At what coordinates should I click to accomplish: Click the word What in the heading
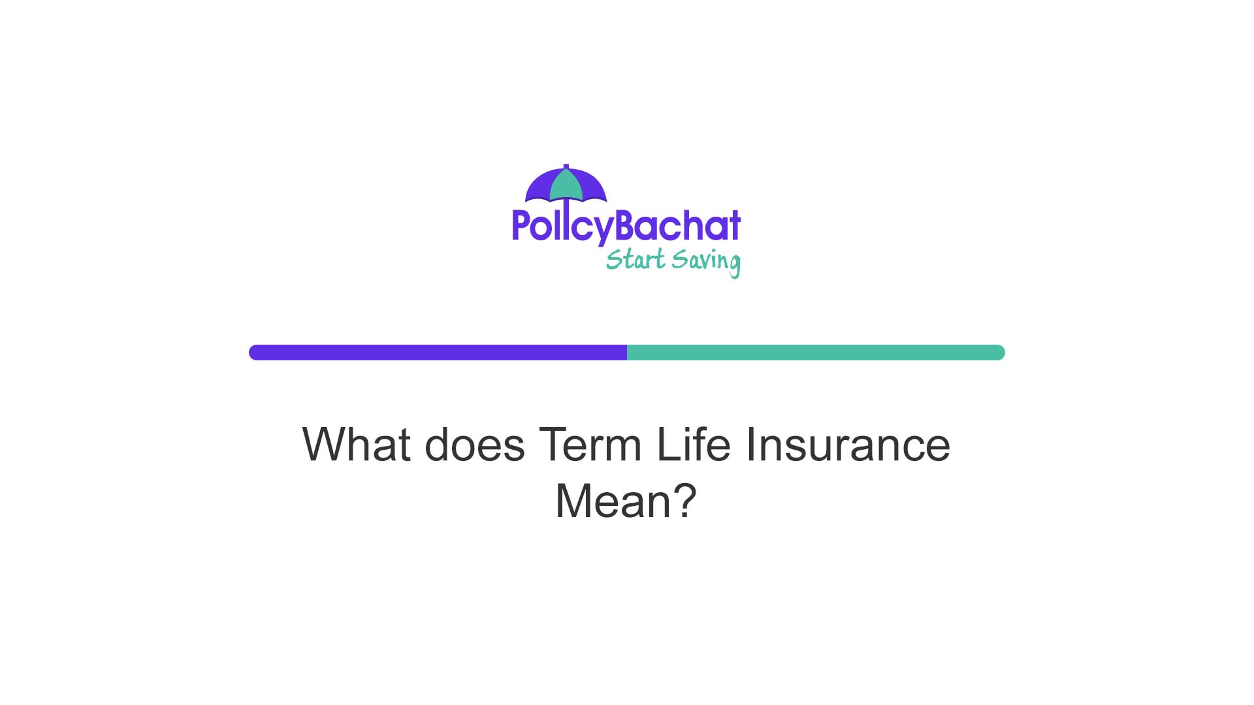coord(357,445)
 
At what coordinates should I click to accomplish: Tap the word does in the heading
coord(475,445)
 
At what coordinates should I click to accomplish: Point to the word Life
coord(694,445)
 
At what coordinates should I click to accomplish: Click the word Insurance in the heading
coord(848,445)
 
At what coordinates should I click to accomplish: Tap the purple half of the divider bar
coord(438,352)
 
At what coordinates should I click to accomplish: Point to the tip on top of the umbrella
coord(566,166)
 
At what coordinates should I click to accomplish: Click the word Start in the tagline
coord(635,260)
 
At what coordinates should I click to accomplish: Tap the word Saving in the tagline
coord(706,261)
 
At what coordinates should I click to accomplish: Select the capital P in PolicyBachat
coord(521,225)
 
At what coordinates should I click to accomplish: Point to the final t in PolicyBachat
coord(735,226)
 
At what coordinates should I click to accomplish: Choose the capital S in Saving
coord(681,259)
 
